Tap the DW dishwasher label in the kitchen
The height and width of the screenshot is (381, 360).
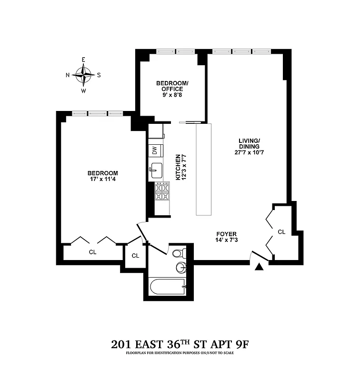click(x=155, y=150)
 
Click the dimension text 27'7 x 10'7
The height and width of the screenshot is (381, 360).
click(x=249, y=153)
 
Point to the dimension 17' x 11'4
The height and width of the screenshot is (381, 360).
click(x=102, y=180)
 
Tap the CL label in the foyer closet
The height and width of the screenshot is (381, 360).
click(x=281, y=232)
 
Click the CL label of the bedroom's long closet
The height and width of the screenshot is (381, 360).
click(x=91, y=252)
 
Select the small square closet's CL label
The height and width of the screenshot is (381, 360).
click(x=135, y=256)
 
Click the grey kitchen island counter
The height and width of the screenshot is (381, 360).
click(x=206, y=169)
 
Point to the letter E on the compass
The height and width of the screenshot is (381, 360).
click(x=83, y=60)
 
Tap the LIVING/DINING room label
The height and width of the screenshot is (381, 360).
click(x=249, y=143)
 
